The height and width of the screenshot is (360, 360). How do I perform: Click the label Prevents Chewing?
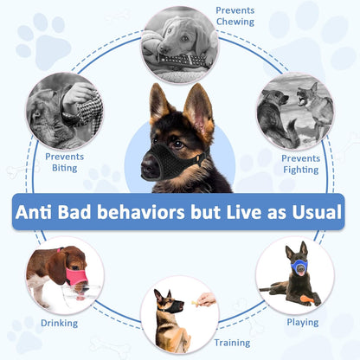tap(235, 15)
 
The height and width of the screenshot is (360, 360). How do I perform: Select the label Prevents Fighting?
tap(300, 164)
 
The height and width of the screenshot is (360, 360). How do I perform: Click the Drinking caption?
tap(59, 323)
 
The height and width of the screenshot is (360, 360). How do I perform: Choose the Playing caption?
tap(303, 322)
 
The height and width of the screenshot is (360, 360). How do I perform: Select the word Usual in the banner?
tap(315, 212)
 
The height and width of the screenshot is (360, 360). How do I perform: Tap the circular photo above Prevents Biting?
tap(65, 111)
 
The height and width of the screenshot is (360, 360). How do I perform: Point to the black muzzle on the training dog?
tap(170, 308)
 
